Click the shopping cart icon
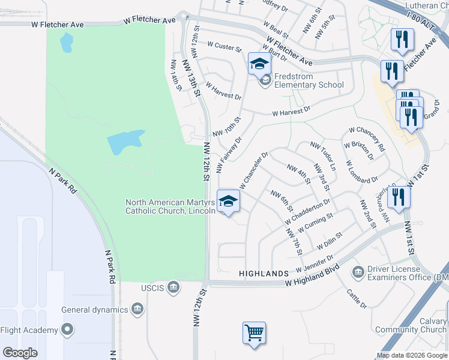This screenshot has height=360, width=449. pos(254,332)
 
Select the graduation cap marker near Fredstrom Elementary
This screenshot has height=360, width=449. pos(260,63)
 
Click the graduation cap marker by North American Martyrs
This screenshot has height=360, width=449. pos(228,202)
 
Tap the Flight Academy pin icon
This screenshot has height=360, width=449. pos(67,329)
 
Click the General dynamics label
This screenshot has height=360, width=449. pos(95,310)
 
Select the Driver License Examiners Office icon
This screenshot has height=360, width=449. pos(358,272)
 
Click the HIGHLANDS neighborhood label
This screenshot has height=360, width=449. pos(264,274)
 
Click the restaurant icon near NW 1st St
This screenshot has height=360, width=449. pos(399,196)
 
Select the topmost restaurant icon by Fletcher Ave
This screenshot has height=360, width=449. pos(400,40)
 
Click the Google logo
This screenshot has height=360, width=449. pos(20,353)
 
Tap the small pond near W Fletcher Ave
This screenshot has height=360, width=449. pos(66,42)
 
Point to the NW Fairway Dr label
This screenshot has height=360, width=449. pos(229,150)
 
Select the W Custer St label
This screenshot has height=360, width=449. pos(224,45)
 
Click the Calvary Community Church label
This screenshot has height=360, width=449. pos(411,325)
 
